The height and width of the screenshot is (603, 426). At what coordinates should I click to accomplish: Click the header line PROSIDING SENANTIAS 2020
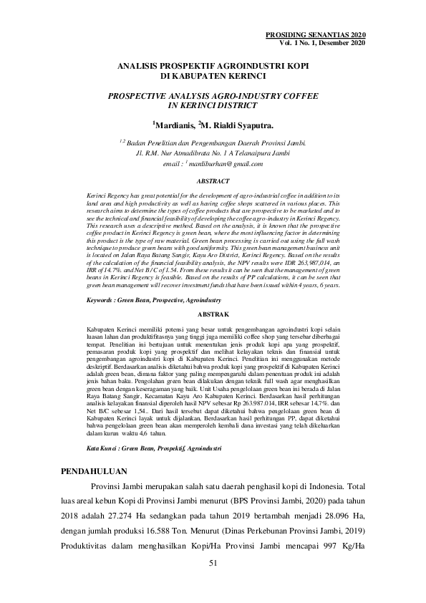[316, 35]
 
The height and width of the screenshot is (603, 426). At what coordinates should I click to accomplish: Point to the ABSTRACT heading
[213, 182]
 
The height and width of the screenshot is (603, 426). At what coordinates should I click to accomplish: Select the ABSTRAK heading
[213, 314]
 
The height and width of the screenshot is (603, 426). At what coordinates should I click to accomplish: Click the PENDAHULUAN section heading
[92, 471]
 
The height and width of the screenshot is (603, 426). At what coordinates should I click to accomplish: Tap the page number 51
[213, 564]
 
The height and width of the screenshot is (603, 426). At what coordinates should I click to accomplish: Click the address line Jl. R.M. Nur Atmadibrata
[213, 153]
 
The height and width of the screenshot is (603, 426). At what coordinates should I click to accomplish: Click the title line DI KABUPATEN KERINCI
[213, 74]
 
